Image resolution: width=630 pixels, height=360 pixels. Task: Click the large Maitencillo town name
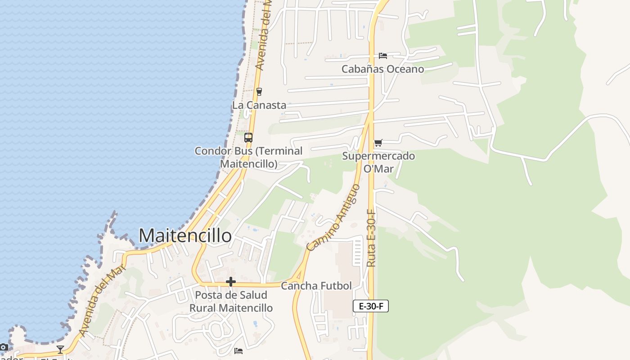185,235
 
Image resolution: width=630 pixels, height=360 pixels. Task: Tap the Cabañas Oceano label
382,69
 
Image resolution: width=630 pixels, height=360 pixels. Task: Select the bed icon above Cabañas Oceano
382,55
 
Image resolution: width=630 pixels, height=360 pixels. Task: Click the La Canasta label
259,105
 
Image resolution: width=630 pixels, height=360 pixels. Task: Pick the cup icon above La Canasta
259,92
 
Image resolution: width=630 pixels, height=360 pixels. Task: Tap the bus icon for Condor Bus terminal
248,138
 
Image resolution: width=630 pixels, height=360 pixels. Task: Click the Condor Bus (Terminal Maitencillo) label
248,157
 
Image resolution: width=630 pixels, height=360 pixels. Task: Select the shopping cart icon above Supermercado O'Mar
378,143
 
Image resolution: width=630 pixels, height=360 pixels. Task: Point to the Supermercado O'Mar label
378,162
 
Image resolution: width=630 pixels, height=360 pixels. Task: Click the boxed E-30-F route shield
370,306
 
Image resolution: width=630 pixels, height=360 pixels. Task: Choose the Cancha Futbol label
316,286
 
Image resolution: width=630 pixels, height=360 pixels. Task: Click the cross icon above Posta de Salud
231,282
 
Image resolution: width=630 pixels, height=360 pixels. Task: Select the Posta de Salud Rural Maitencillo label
231,301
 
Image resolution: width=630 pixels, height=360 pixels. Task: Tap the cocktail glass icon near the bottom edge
60,349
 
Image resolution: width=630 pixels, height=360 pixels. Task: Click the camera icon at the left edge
3,347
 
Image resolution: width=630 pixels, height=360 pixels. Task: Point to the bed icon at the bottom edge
238,351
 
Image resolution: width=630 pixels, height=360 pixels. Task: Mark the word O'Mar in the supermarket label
378,169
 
